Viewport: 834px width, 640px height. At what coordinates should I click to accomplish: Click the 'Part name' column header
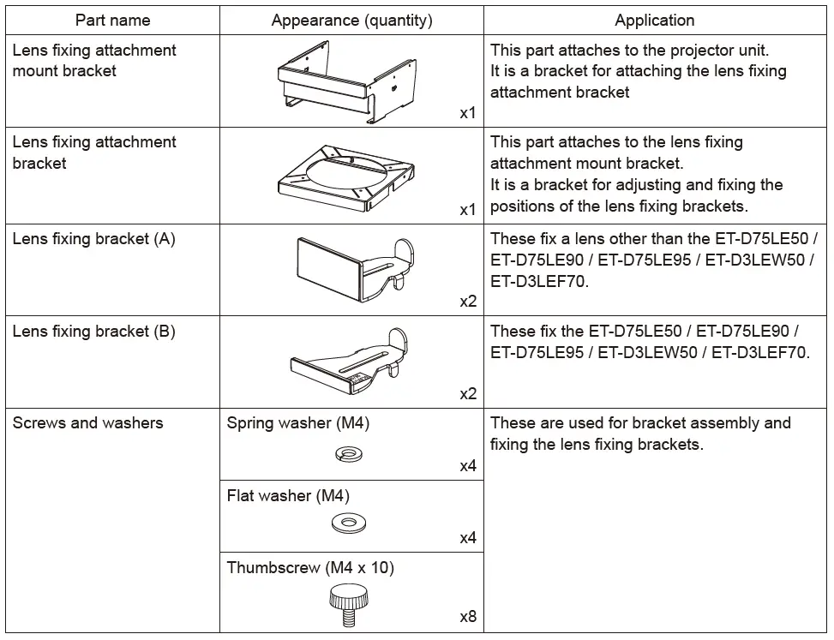pyautogui.click(x=112, y=21)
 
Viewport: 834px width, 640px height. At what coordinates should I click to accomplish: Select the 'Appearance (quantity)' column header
pyautogui.click(x=351, y=21)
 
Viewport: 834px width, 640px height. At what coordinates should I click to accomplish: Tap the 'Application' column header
pyautogui.click(x=654, y=21)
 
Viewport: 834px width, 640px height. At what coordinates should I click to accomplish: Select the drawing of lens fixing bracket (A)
pyautogui.click(x=354, y=266)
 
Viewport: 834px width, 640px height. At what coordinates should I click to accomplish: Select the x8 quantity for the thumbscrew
pyautogui.click(x=467, y=617)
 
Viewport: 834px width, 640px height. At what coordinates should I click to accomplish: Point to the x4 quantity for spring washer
pyautogui.click(x=467, y=467)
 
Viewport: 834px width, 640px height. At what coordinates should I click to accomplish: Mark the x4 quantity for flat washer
pyautogui.click(x=467, y=538)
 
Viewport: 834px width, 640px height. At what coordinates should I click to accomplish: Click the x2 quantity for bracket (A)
pyautogui.click(x=467, y=302)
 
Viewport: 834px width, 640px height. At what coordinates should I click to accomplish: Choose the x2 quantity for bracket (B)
pyautogui.click(x=467, y=394)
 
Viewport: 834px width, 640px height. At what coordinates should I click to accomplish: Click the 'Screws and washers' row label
pyautogui.click(x=87, y=423)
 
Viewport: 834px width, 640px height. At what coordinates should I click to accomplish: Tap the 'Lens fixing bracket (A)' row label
pyautogui.click(x=93, y=239)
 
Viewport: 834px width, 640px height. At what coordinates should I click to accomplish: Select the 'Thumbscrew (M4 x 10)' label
pyautogui.click(x=310, y=567)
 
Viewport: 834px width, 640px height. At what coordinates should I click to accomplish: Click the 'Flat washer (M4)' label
pyautogui.click(x=288, y=495)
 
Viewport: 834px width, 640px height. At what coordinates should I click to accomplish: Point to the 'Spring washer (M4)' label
pyautogui.click(x=297, y=423)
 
